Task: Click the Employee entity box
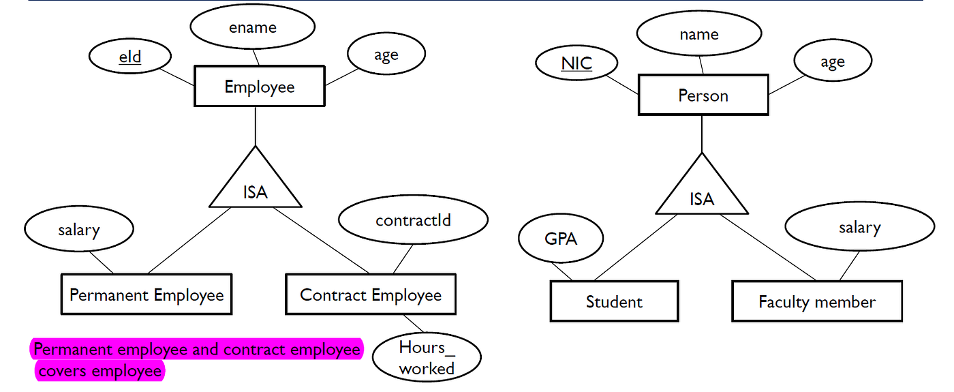click(x=259, y=87)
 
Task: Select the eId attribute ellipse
click(x=129, y=57)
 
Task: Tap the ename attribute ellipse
click(x=252, y=27)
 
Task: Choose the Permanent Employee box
click(x=147, y=295)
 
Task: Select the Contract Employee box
click(x=371, y=295)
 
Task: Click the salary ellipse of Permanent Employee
click(x=78, y=230)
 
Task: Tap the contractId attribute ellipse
click(x=413, y=221)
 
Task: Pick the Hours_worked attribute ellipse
click(x=427, y=358)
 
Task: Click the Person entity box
click(x=703, y=95)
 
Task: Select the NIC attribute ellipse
click(x=576, y=63)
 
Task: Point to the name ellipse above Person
click(x=699, y=34)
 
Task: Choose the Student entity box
click(x=614, y=301)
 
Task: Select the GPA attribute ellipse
click(x=561, y=239)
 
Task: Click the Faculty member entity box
click(x=817, y=301)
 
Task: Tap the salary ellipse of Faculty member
click(x=859, y=228)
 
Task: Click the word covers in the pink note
click(x=63, y=371)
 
